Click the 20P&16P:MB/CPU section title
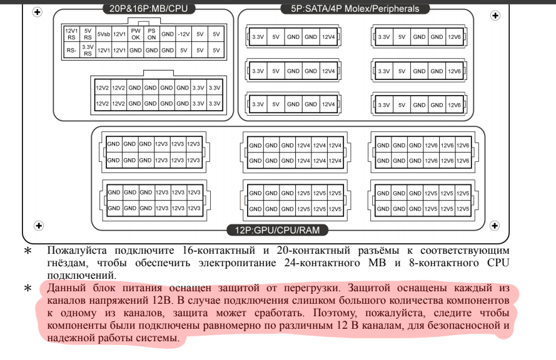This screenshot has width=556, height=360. [148, 9]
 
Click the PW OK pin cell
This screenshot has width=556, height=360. [134, 32]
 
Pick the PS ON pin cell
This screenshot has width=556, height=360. [151, 32]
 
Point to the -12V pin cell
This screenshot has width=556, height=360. [183, 32]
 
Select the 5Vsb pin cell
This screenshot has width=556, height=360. [104, 32]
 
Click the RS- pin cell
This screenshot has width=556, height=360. [71, 49]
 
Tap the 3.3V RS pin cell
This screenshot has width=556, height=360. [88, 49]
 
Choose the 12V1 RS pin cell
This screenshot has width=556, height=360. [71, 32]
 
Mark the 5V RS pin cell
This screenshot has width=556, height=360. [88, 32]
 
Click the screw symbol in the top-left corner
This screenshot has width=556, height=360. [37, 12]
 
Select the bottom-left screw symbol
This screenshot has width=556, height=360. [38, 224]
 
